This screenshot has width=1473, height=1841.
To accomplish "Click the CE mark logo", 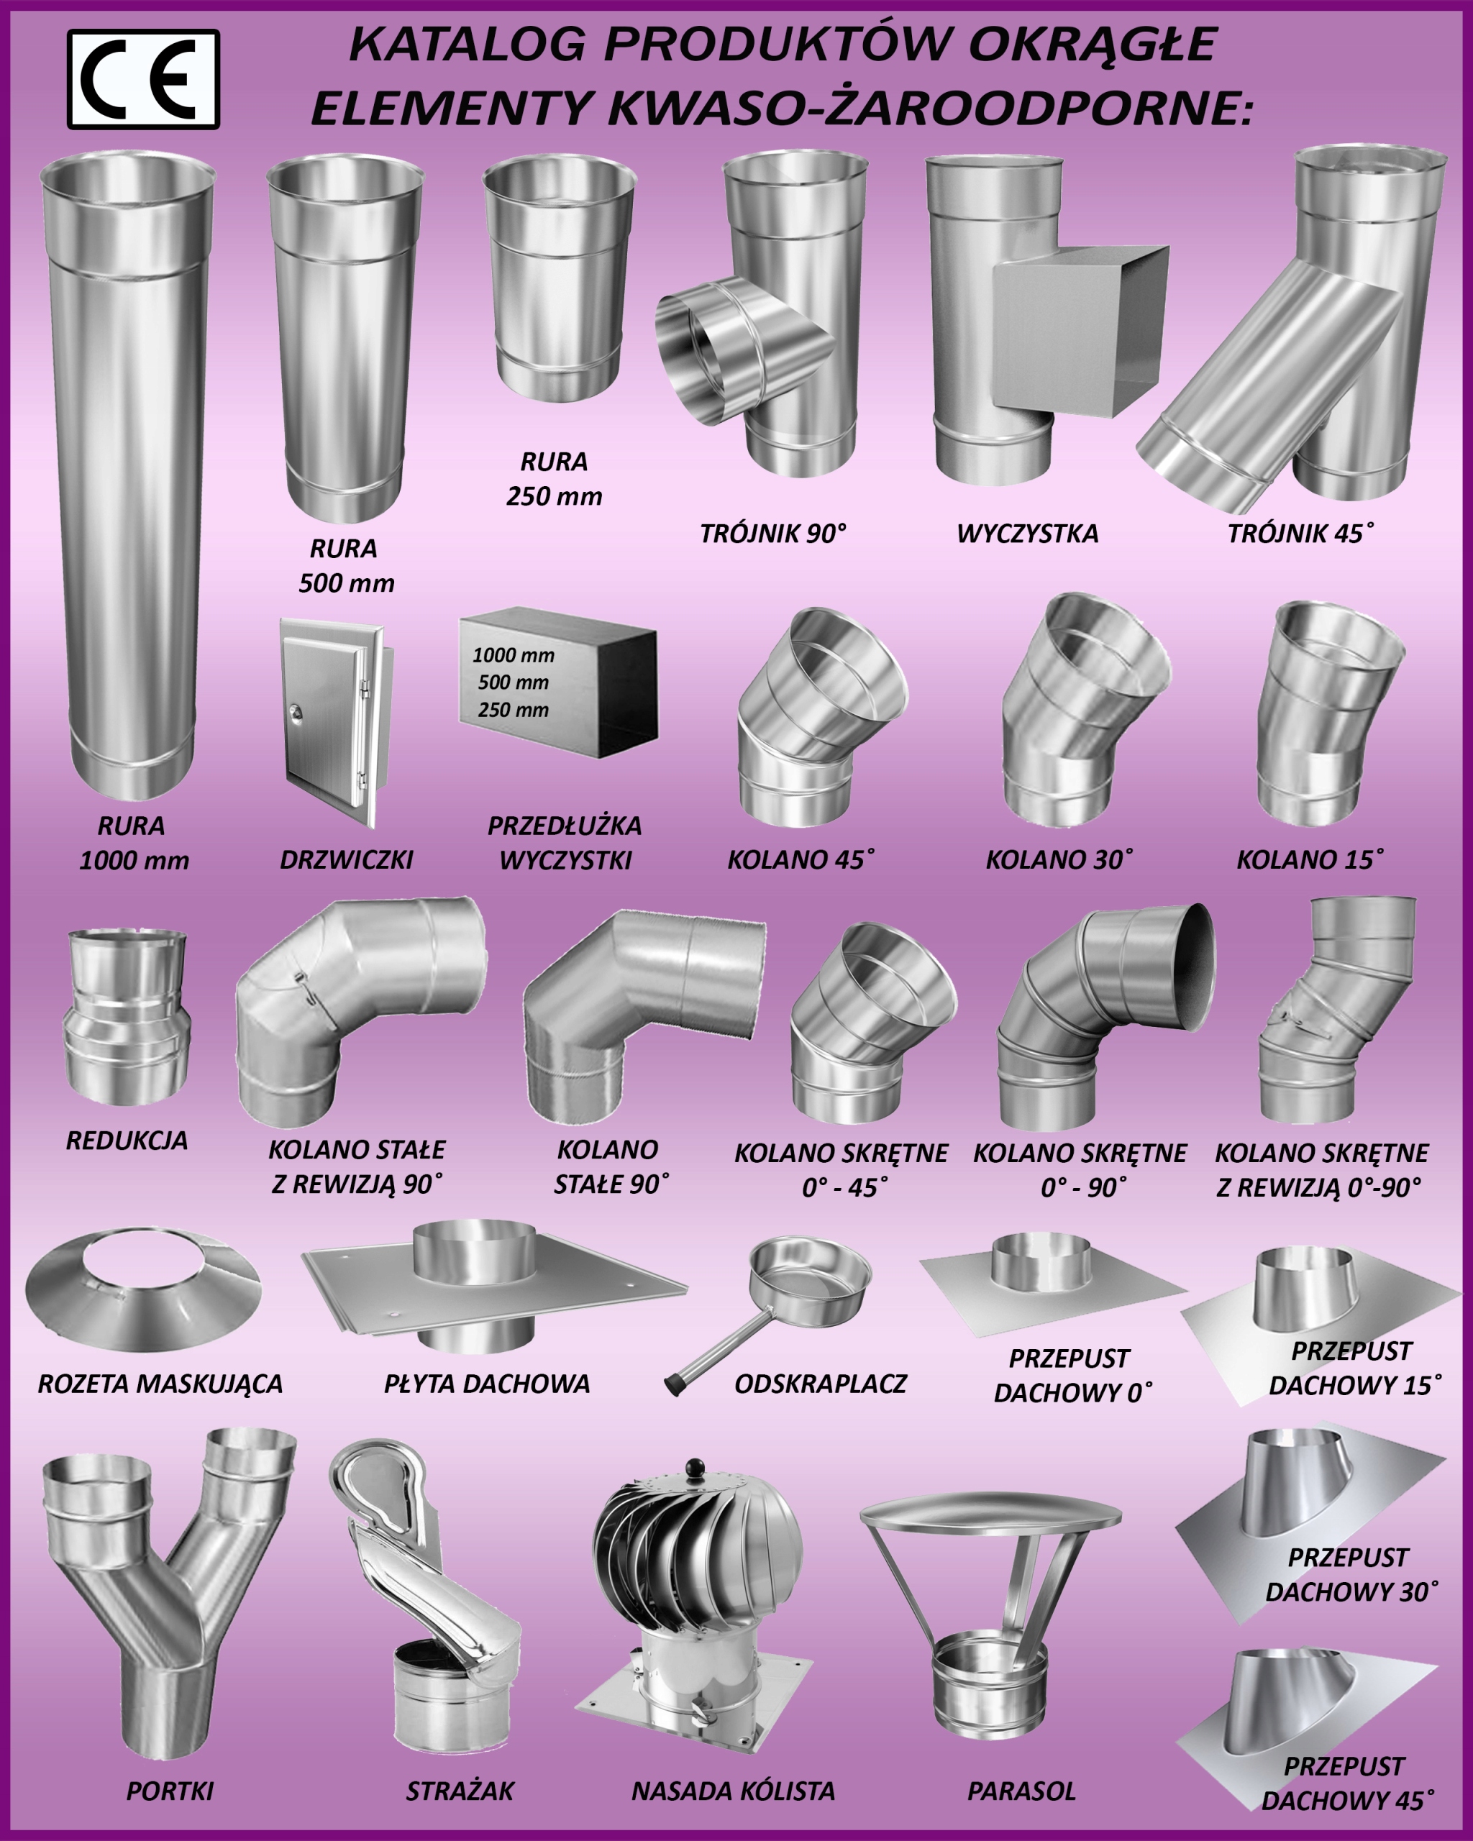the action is point(143,79).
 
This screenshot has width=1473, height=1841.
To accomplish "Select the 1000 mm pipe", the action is point(128,475).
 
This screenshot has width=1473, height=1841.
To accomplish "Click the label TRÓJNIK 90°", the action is point(772,534).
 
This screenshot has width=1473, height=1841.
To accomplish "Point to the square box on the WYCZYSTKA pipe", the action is point(1080,331).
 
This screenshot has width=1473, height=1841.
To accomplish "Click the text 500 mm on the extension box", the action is point(514,682).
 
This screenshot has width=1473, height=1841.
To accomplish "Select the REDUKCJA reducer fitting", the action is point(127,1017).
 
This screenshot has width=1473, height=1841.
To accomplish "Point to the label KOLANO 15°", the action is point(1310,860).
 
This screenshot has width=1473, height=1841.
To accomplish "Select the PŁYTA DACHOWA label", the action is point(487,1384).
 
